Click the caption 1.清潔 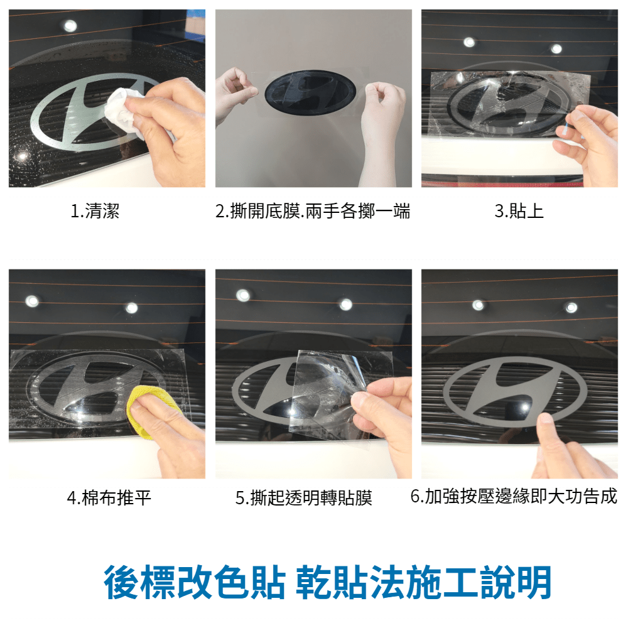[x=95, y=211]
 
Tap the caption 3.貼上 [x=519, y=211]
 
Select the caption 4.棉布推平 [x=109, y=498]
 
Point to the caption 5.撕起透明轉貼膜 [x=303, y=498]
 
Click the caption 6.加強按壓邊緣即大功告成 [x=514, y=496]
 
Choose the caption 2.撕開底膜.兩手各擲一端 [x=313, y=211]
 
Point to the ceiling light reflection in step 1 [x=70, y=26]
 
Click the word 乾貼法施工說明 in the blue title [x=424, y=582]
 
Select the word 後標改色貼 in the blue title [x=195, y=582]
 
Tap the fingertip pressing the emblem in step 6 [x=546, y=420]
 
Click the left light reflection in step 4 [x=32, y=301]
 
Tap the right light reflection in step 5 [x=346, y=305]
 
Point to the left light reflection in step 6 [x=478, y=305]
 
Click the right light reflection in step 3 [x=556, y=49]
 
